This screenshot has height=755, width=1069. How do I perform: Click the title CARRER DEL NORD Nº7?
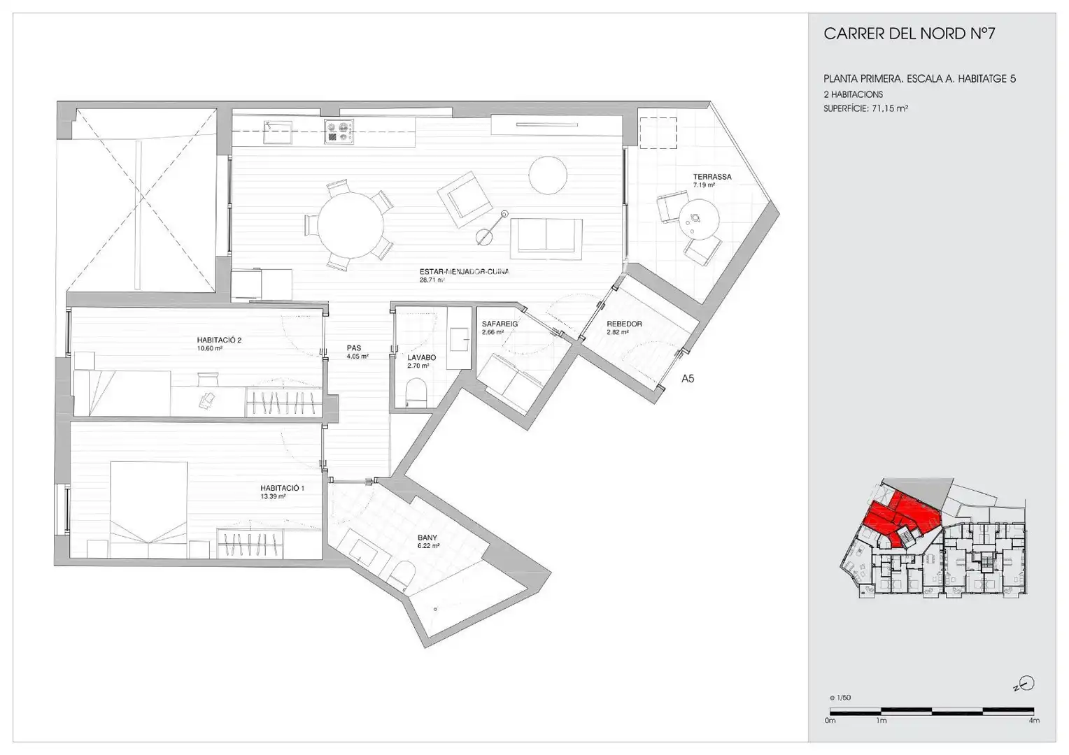909,34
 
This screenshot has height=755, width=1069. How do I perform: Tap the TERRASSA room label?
712,176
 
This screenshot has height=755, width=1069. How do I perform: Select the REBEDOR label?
624,324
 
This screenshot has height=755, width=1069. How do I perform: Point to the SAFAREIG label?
500,324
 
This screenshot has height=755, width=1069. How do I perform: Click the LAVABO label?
421,357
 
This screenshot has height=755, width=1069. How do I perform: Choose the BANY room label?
427,538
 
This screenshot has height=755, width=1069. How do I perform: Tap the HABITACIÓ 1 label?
282,488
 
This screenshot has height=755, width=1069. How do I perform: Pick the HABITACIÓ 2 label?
219,340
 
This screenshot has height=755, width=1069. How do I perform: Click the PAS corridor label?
354,348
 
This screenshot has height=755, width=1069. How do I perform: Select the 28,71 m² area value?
432,280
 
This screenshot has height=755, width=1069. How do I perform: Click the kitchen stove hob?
339,131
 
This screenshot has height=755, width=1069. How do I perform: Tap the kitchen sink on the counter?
278,131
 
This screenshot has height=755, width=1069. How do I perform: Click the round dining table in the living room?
351,224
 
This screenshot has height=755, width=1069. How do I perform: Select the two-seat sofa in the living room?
546,238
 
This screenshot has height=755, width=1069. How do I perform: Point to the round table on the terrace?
699,220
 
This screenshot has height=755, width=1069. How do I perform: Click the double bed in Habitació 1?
148,510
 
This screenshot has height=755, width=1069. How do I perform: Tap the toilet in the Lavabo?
416,392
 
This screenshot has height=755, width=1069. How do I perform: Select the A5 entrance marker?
688,379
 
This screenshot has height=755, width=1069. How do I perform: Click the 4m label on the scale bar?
1034,720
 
